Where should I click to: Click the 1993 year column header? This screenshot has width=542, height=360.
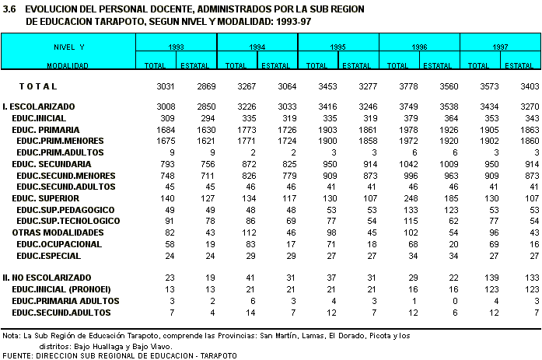click(176, 47)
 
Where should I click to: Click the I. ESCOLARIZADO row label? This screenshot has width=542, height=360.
click(39, 105)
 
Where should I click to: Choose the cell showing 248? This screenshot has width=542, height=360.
click(399, 199)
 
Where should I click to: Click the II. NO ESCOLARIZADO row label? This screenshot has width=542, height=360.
click(45, 278)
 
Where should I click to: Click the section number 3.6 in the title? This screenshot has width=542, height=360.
click(9, 9)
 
